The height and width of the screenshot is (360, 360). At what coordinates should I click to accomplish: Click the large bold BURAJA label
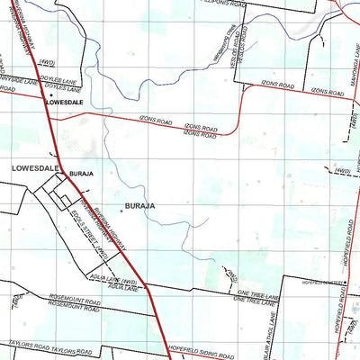pyautogui.click(x=140, y=205)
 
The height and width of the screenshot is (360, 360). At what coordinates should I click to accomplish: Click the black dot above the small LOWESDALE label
pyautogui.click(x=51, y=94)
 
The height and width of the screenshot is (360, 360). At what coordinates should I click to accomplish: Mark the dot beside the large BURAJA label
pyautogui.click(x=122, y=209)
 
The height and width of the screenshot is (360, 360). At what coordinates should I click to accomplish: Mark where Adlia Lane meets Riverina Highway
pyautogui.click(x=137, y=285)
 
